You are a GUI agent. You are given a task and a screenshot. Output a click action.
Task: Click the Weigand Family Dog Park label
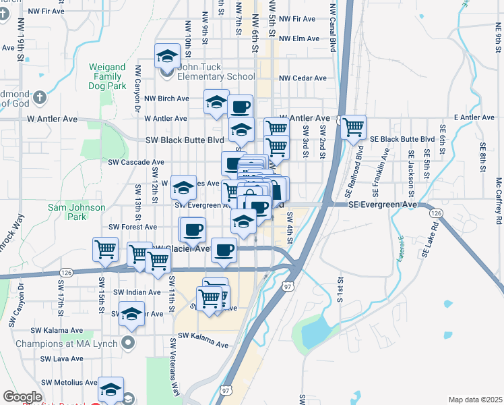point(108,77)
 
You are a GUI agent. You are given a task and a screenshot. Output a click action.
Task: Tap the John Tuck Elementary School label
point(216,72)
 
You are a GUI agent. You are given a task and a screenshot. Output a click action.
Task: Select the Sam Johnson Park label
point(77,212)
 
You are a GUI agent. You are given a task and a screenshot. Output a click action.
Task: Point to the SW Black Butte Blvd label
point(184,140)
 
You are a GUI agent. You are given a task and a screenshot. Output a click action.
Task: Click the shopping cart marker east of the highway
point(353,127)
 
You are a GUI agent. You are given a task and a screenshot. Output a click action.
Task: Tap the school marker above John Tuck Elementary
point(166,57)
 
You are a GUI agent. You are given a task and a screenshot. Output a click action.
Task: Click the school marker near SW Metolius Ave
point(111,389)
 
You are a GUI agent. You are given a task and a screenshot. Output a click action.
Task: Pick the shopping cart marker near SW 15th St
point(105,250)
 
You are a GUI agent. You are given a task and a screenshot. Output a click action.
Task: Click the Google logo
point(22,397)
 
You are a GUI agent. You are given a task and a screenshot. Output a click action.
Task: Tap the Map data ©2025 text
point(475,400)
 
